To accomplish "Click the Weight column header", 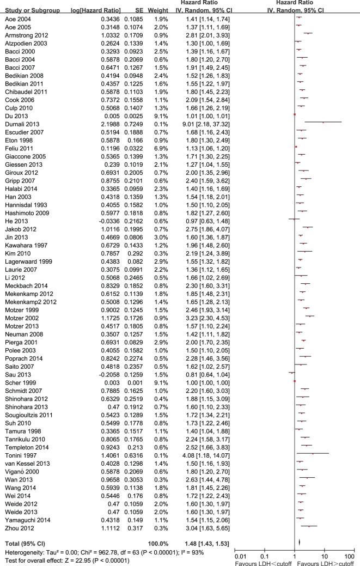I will (x=158, y=10).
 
